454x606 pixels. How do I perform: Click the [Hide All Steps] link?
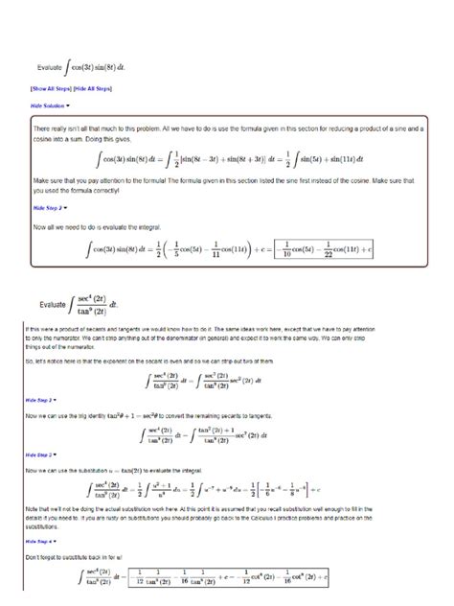coord(93,88)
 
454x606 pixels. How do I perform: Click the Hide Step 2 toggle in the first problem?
coord(50,207)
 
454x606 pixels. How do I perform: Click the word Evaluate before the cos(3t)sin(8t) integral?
coord(49,68)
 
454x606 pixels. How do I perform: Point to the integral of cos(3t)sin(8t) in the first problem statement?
coord(96,67)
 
